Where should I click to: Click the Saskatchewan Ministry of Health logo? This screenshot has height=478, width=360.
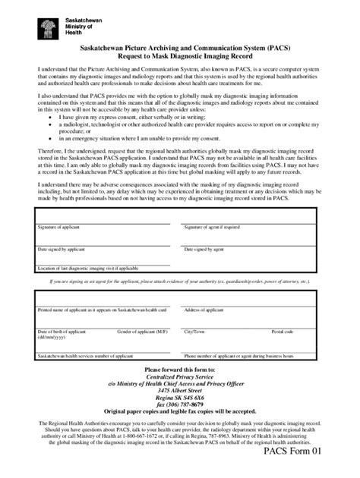(x=47, y=27)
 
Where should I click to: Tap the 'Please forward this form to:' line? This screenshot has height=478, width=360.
(x=180, y=369)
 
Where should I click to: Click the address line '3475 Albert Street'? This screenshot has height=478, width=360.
(x=180, y=389)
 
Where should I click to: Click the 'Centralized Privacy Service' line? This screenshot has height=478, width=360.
(x=180, y=376)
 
